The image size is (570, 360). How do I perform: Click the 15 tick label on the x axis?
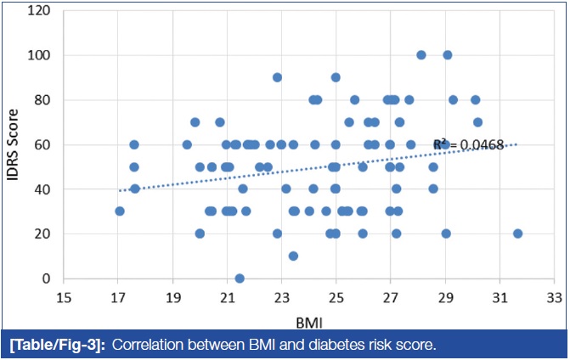tap(64, 298)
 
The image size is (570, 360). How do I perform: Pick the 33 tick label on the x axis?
tap(554, 298)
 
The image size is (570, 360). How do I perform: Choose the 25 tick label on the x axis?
tap(336, 298)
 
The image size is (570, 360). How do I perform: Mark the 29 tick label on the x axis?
tap(445, 298)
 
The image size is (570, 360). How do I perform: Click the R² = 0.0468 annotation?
tap(466, 145)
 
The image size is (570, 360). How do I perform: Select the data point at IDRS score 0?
tap(240, 278)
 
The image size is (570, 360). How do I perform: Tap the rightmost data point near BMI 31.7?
tap(517, 233)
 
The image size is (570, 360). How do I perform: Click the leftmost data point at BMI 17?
tap(120, 211)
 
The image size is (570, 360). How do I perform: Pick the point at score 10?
tap(293, 256)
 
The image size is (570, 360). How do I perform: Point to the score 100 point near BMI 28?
tap(421, 55)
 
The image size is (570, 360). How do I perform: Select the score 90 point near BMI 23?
tap(277, 77)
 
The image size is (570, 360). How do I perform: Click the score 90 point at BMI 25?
tap(336, 77)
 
